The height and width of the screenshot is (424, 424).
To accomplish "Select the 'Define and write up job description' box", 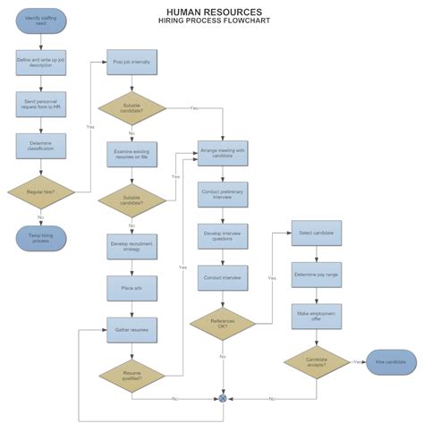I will point(41,64).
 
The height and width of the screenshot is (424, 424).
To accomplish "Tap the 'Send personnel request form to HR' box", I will point(41,105).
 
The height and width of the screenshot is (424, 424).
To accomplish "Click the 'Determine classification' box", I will point(41,146).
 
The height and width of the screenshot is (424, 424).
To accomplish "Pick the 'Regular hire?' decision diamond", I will point(41,191).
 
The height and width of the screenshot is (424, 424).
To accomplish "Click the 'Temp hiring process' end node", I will point(41,238).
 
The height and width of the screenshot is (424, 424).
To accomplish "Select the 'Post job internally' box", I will point(131,63).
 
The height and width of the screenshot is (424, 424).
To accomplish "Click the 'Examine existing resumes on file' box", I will point(131,155).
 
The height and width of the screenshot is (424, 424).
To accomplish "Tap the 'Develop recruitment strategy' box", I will point(131,246).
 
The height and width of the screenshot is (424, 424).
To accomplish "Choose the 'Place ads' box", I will point(131,287).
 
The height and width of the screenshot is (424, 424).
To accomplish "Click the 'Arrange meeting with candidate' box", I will point(223,154).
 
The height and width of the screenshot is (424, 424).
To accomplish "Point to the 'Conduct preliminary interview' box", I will point(223,195).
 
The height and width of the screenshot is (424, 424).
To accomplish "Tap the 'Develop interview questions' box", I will point(223,236).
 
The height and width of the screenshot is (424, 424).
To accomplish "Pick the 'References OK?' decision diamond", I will point(223,323).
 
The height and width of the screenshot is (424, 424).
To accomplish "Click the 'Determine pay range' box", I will point(316,274).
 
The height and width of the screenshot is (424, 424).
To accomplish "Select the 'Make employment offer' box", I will point(316,316).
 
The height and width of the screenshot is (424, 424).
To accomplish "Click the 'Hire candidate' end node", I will point(391,361).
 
